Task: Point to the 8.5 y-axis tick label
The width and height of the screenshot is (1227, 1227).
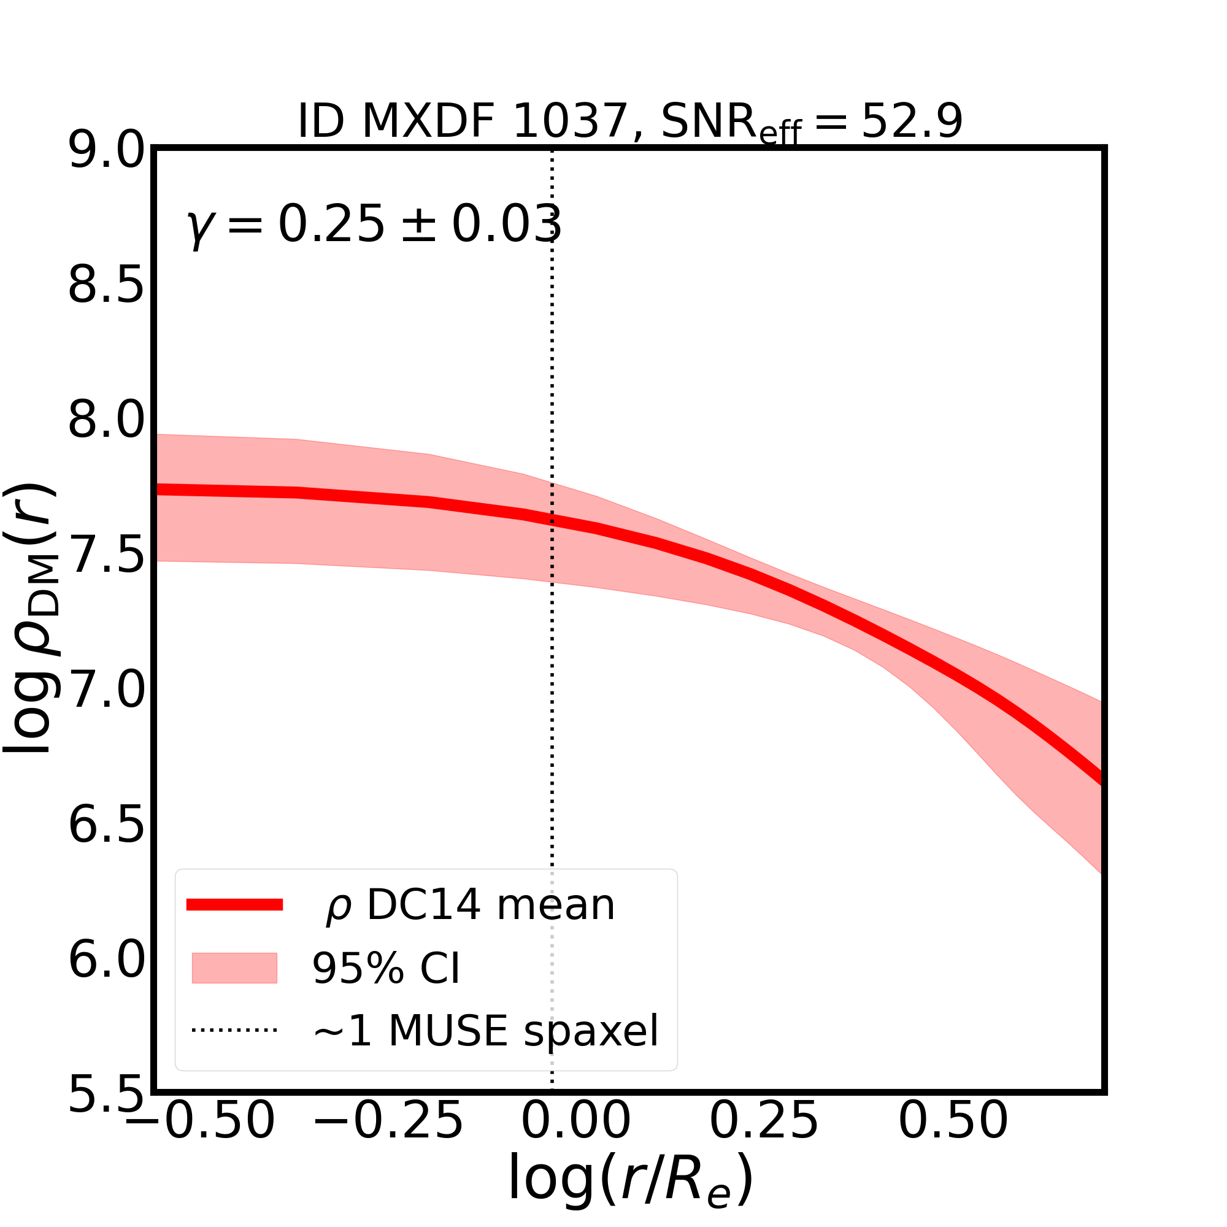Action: click(x=107, y=287)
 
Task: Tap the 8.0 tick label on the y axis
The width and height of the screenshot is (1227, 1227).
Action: click(x=107, y=421)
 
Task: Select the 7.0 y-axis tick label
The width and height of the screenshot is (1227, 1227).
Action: click(x=107, y=691)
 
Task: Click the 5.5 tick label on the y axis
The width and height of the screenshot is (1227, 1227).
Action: click(x=107, y=1095)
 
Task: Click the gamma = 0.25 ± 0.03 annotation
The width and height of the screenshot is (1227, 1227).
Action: click(x=375, y=225)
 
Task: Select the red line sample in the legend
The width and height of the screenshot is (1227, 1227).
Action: click(x=234, y=905)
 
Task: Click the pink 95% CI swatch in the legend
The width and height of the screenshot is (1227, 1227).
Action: click(x=234, y=968)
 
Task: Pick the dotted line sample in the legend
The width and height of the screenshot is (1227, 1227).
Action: click(x=234, y=1030)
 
